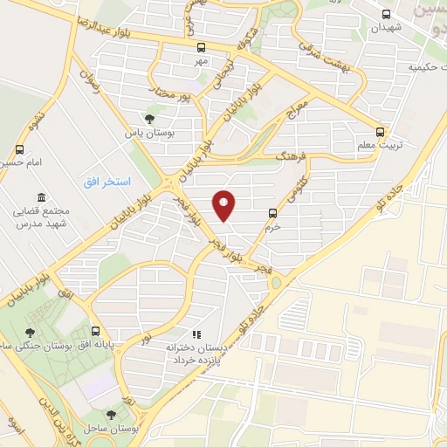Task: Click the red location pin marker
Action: pyautogui.click(x=224, y=205)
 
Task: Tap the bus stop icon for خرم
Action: pyautogui.click(x=272, y=212)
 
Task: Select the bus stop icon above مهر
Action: pyautogui.click(x=203, y=48)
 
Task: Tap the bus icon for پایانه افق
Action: pyautogui.click(x=95, y=332)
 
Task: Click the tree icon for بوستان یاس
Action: pyautogui.click(x=149, y=119)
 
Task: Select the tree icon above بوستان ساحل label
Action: pyautogui.click(x=110, y=416)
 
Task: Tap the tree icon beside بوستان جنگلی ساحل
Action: pyautogui.click(x=31, y=332)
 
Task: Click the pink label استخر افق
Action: pyautogui.click(x=107, y=182)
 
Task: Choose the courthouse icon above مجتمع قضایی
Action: pyautogui.click(x=38, y=197)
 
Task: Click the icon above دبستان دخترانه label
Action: pyautogui.click(x=196, y=334)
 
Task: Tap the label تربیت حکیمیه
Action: pyautogui.click(x=426, y=66)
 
